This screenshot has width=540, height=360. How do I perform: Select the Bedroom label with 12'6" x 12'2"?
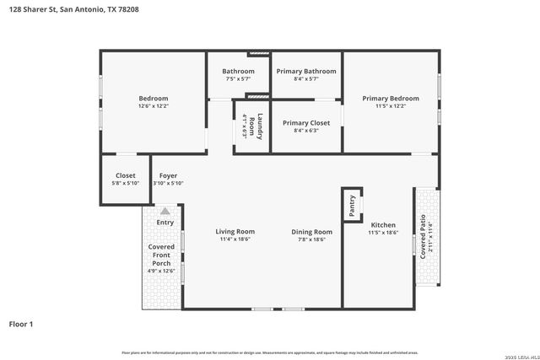tap(153, 99)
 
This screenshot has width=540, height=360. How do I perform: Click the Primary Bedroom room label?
tap(390, 99)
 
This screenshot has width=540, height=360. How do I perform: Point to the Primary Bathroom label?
tap(306, 72)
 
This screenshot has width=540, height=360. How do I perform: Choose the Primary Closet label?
tap(306, 123)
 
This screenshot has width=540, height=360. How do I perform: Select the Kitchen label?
tap(383, 225)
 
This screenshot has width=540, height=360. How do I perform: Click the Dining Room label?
tap(312, 232)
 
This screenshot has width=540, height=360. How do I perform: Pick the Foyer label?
tap(168, 175)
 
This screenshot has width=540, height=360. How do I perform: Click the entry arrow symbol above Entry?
tap(165, 211)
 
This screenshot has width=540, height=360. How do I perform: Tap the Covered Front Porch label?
tap(162, 255)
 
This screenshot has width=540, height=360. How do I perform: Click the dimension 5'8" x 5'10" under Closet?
tap(125, 183)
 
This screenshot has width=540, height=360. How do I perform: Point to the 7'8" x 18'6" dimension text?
tap(312, 239)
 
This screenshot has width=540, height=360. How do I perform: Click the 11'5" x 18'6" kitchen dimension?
tap(383, 233)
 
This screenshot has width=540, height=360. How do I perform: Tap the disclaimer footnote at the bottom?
tap(270, 352)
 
